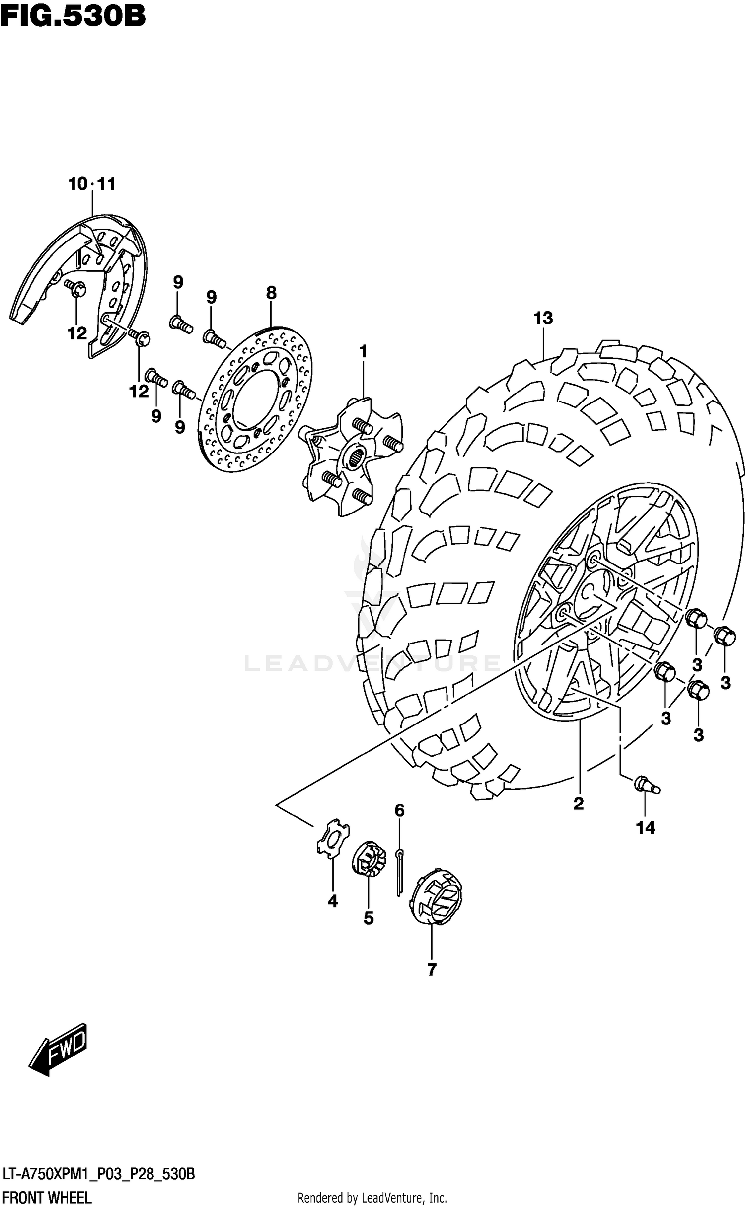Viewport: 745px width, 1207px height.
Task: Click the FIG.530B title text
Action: [x=73, y=16]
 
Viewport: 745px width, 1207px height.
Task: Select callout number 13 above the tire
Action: [x=543, y=318]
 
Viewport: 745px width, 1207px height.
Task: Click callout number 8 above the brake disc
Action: [x=271, y=293]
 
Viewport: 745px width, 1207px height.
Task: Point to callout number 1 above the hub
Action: [x=363, y=352]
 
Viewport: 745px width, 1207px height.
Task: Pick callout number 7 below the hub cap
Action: [x=431, y=969]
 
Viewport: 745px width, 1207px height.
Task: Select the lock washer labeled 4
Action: [x=332, y=839]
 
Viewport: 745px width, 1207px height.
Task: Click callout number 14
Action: [x=646, y=827]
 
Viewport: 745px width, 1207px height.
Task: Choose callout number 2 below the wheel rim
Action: [x=578, y=803]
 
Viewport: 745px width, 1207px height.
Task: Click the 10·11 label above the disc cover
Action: [x=92, y=184]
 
